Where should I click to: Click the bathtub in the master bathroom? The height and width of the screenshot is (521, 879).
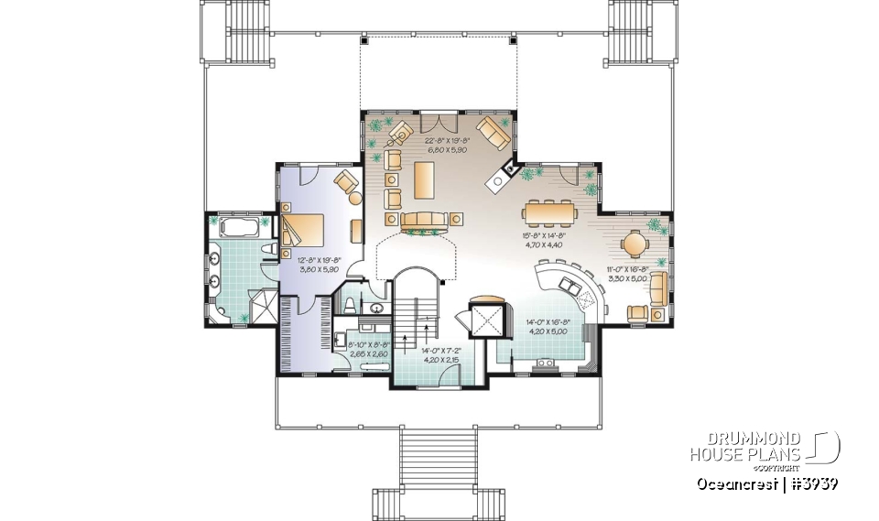tap(235, 226)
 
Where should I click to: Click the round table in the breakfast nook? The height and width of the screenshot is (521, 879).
tap(635, 244)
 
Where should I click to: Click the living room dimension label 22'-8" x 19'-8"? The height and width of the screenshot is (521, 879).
tap(447, 145)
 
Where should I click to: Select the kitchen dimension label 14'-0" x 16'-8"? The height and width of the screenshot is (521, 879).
tap(547, 327)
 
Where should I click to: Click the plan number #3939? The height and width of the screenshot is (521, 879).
tap(814, 483)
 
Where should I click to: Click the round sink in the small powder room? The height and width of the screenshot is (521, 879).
tap(375, 309)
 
